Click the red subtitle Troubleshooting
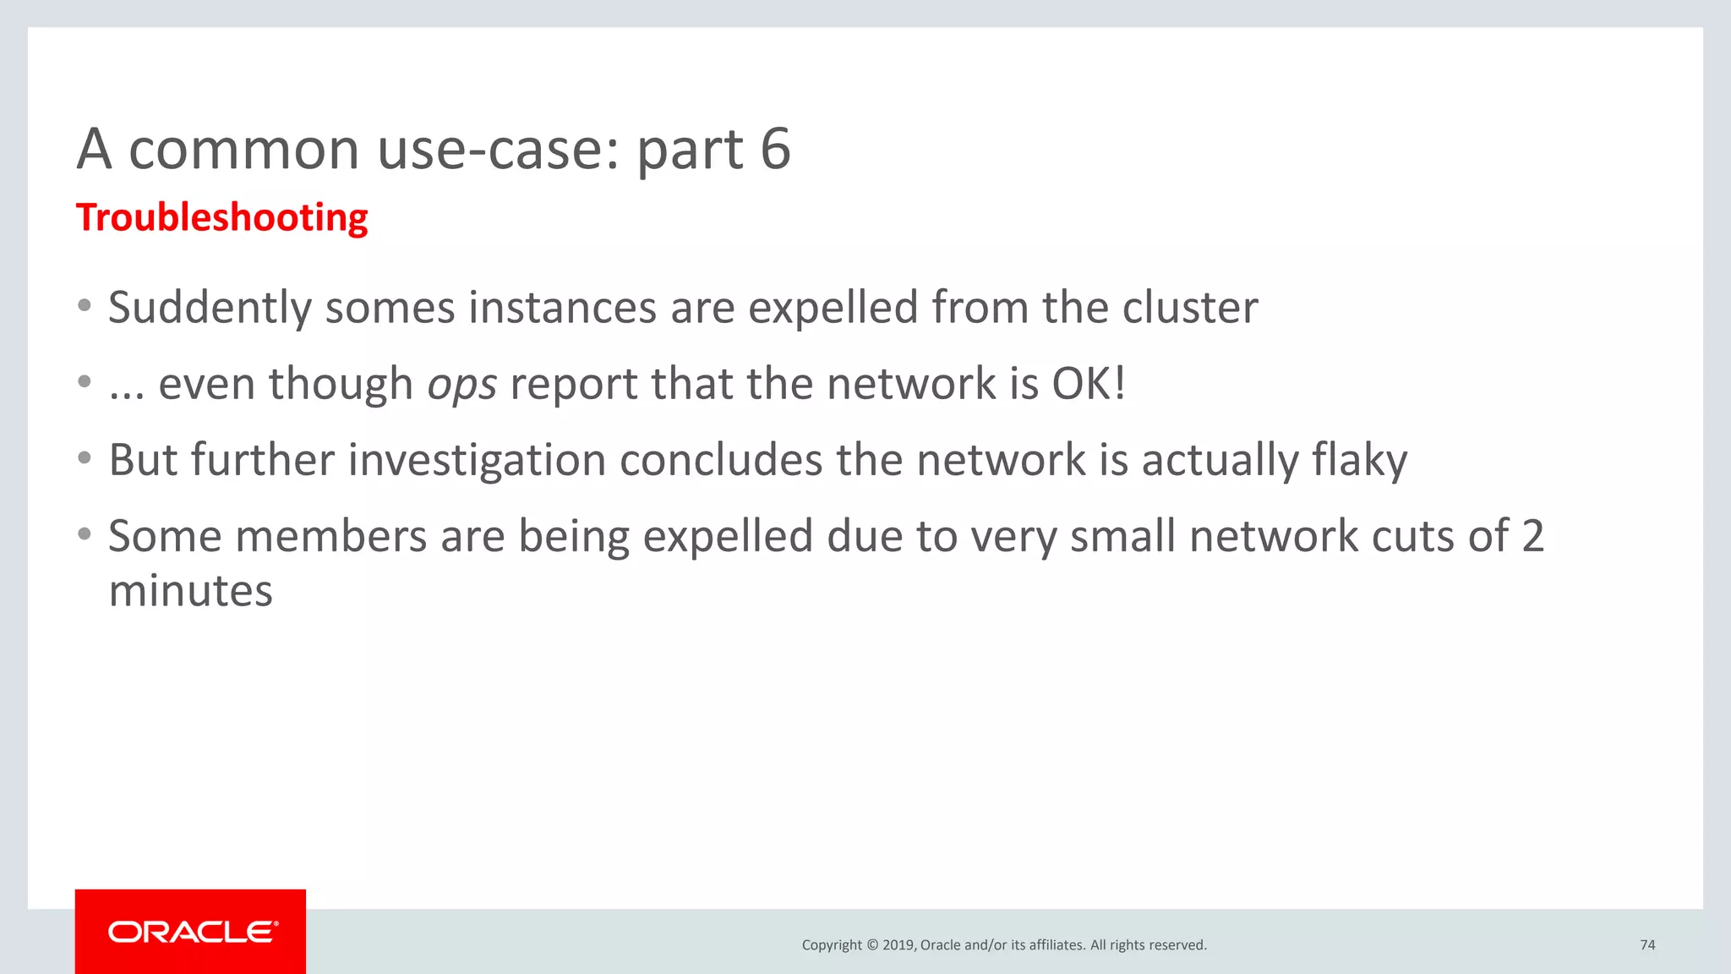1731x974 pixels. (221, 217)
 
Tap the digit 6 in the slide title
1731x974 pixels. (774, 149)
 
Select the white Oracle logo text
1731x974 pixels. (193, 932)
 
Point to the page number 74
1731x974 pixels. (1647, 944)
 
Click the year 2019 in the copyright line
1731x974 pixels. (898, 944)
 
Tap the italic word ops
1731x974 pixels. (461, 385)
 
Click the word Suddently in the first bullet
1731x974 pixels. (210, 308)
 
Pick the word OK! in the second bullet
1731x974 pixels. (1089, 384)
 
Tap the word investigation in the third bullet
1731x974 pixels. (477, 461)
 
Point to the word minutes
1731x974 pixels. (191, 590)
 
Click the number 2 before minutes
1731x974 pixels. (1532, 536)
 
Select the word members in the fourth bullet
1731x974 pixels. (331, 536)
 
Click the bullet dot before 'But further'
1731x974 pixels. (84, 458)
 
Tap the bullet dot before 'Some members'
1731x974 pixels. (84, 534)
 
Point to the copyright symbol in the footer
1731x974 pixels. (872, 944)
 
